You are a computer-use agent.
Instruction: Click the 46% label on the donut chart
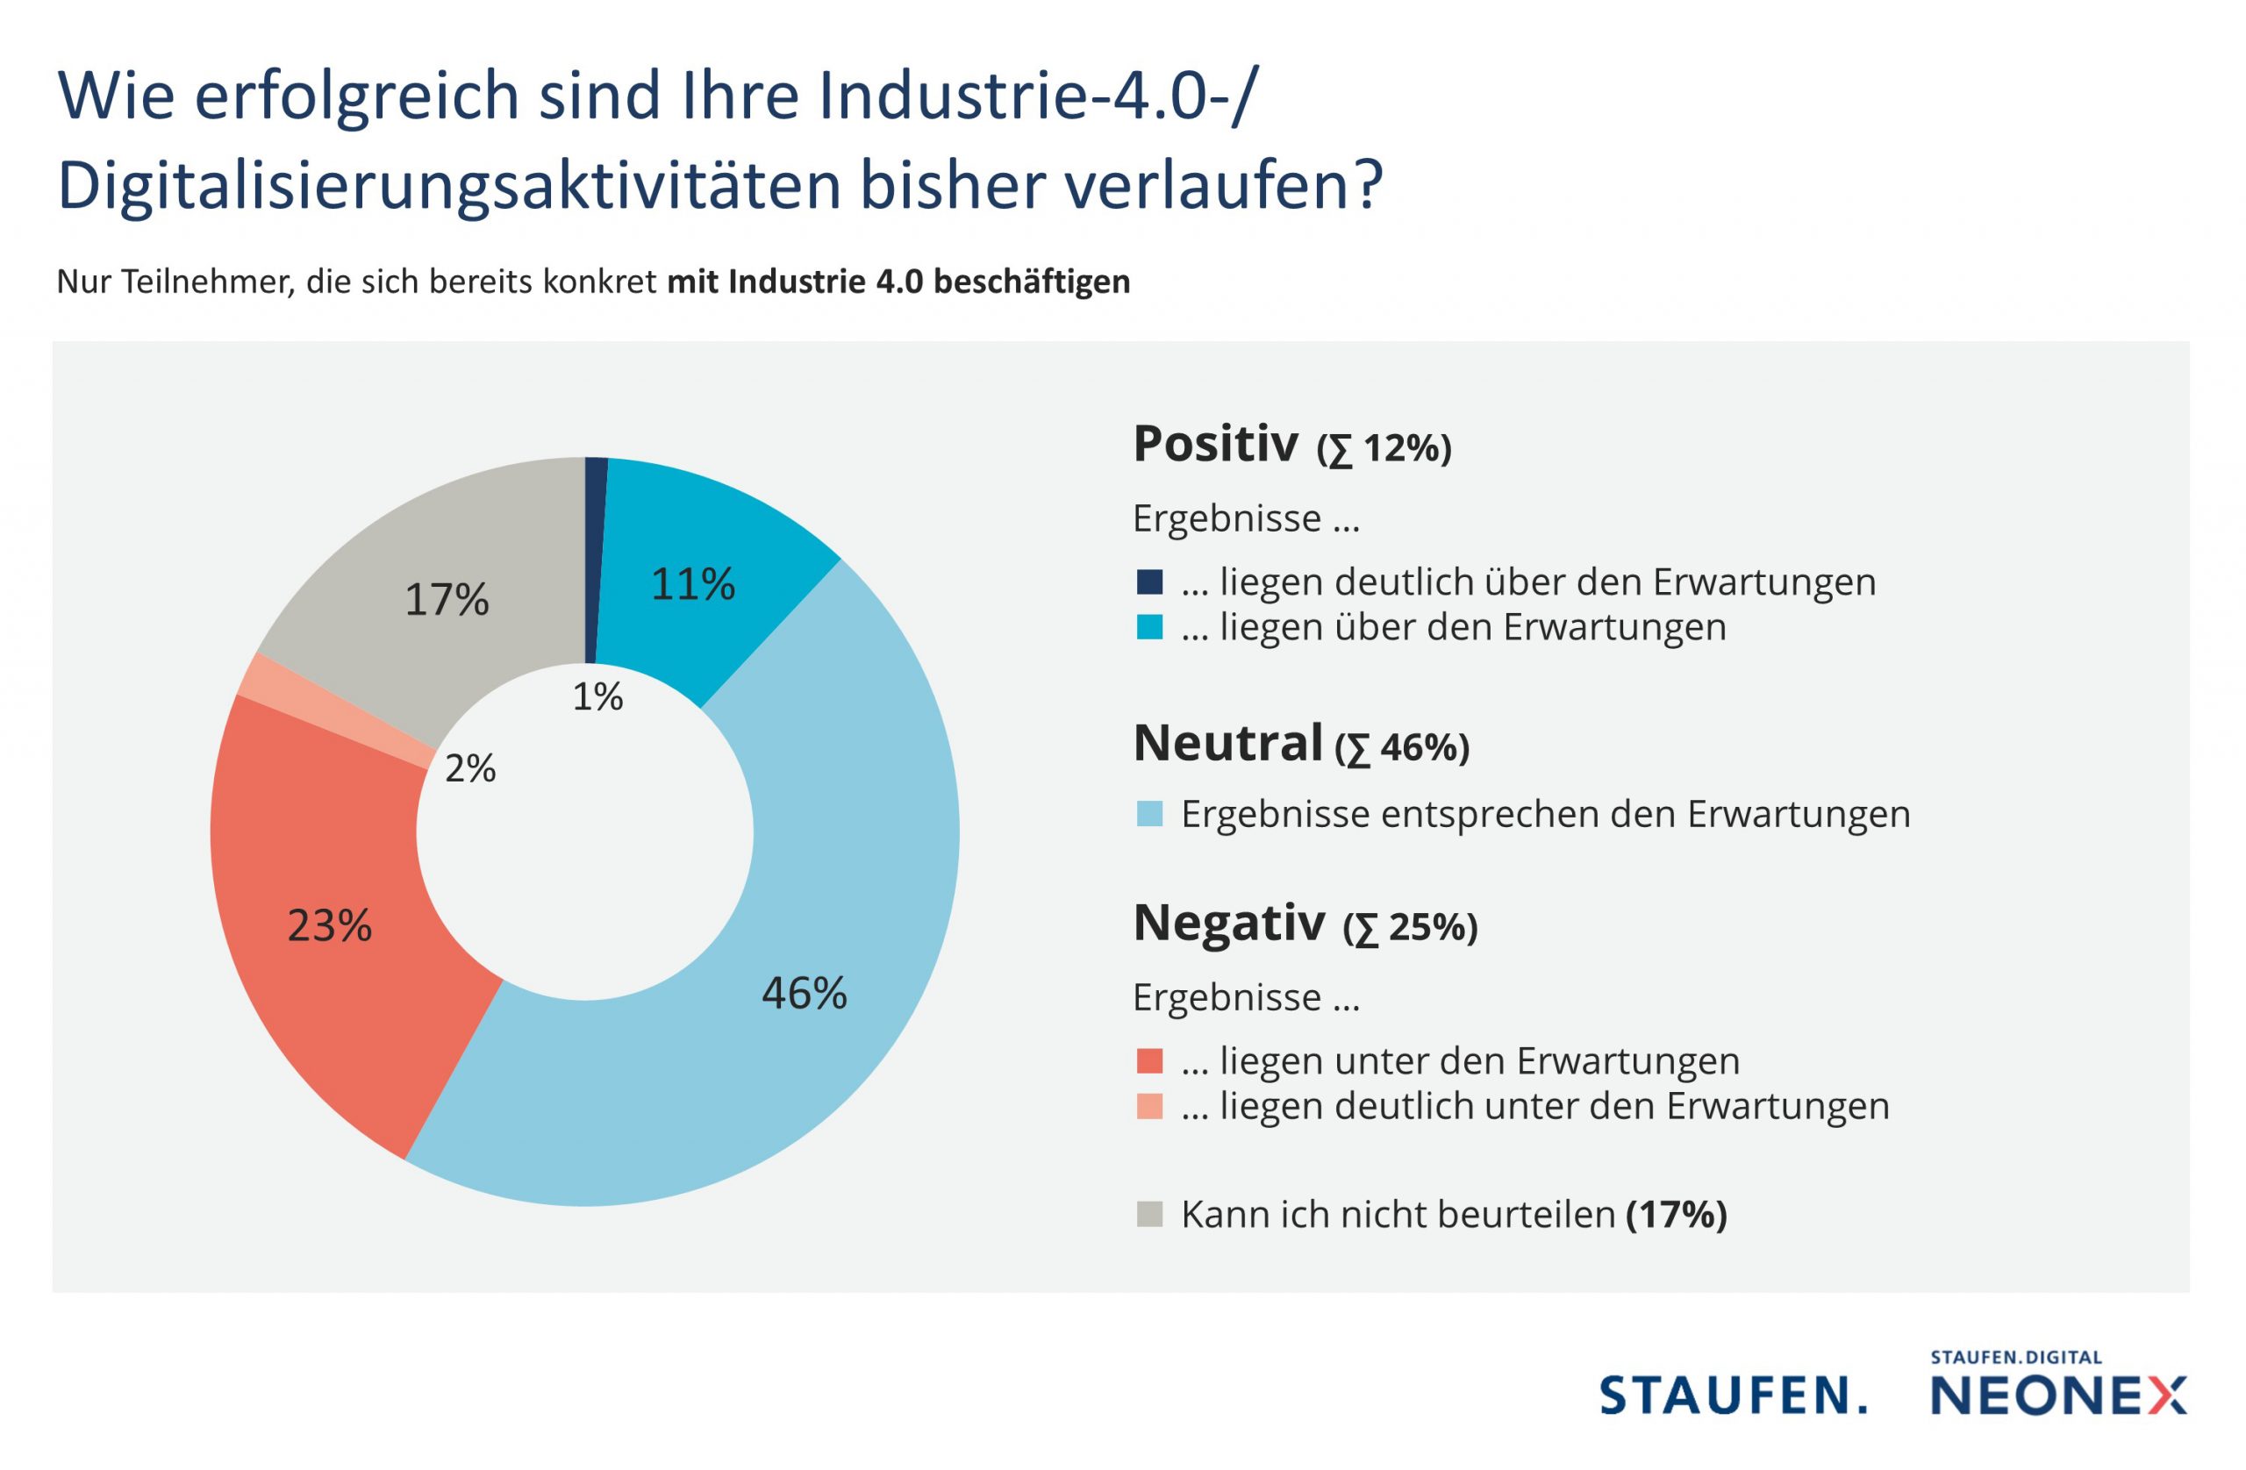tap(804, 994)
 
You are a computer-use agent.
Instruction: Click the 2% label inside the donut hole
tap(470, 769)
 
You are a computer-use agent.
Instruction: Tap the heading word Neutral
tap(1227, 744)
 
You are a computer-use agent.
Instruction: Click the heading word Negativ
tap(1228, 923)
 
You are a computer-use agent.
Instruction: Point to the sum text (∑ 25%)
tap(1410, 927)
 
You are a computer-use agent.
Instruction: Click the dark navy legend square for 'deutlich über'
tap(1149, 582)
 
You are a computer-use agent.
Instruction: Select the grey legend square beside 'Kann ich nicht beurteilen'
tap(1149, 1214)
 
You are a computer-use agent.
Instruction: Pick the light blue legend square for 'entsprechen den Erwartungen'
tap(1149, 814)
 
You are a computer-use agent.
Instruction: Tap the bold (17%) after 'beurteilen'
tap(1676, 1214)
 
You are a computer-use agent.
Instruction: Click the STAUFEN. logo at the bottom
tap(1733, 1395)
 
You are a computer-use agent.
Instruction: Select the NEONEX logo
tap(2057, 1395)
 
